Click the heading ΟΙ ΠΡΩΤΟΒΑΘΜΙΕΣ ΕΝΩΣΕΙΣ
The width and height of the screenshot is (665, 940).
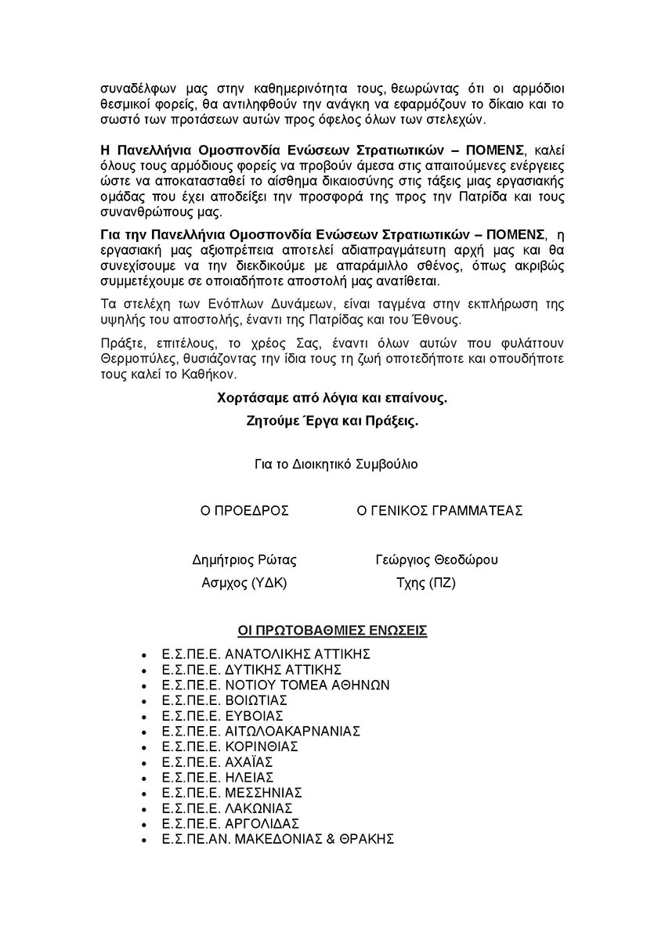pyautogui.click(x=332, y=630)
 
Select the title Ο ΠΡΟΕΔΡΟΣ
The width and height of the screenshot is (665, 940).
pyautogui.click(x=244, y=511)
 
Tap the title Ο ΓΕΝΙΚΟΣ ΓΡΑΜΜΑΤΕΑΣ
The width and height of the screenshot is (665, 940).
pyautogui.click(x=439, y=511)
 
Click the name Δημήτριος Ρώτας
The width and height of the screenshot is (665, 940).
pyautogui.click(x=244, y=560)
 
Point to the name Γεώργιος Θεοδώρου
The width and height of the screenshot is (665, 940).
pyautogui.click(x=437, y=560)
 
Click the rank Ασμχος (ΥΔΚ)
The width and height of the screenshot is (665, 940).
pyautogui.click(x=244, y=583)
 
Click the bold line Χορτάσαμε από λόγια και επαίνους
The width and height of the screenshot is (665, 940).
pyautogui.click(x=332, y=398)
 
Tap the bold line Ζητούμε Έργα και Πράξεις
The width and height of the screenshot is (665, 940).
pyautogui.click(x=332, y=421)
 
